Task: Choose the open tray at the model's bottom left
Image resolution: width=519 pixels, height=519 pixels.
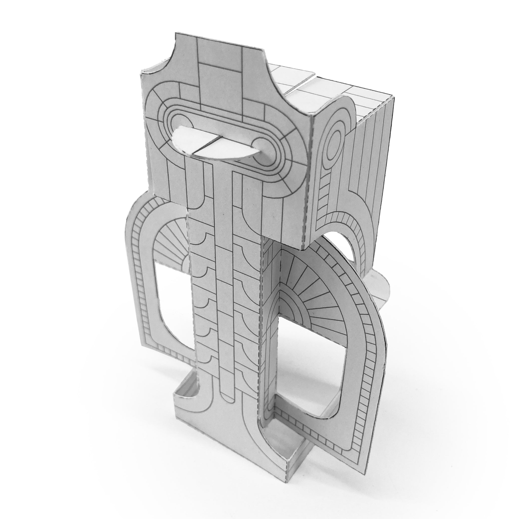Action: click(185, 387)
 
